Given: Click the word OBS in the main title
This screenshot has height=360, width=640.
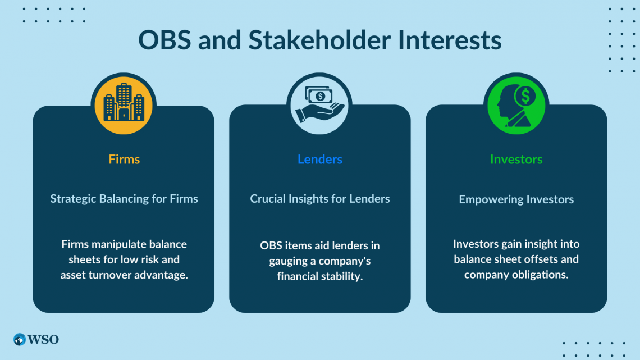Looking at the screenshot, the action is tap(164, 40).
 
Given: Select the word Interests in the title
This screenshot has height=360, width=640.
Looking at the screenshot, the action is tap(450, 40).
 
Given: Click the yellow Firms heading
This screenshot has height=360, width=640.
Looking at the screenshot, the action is tap(124, 159).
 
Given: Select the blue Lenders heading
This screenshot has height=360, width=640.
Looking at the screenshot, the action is tap(320, 159).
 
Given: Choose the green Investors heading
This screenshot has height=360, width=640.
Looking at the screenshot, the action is tap(516, 159).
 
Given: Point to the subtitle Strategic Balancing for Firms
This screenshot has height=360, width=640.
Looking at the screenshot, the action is tap(124, 199).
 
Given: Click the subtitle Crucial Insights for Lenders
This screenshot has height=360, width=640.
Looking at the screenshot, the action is tap(320, 199).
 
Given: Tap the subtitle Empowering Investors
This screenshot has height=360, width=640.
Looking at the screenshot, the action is tap(516, 199).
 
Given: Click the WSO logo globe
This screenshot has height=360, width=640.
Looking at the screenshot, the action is tap(19, 340).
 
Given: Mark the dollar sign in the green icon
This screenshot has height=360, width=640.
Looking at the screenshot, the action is tap(525, 97).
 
